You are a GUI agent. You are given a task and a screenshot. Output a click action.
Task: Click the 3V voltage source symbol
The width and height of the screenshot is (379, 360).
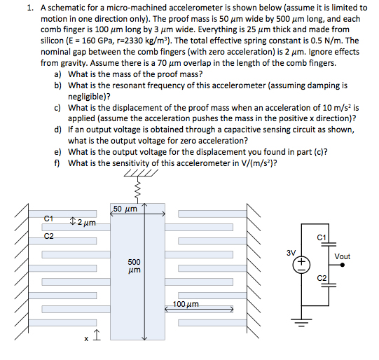coord(301,265)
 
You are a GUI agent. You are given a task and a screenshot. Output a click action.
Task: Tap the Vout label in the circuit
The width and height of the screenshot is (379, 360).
coord(343,256)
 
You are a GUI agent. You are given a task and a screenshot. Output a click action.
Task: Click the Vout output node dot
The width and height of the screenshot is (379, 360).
coord(343,265)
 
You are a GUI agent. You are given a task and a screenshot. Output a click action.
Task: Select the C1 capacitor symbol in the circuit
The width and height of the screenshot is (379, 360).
coord(329,244)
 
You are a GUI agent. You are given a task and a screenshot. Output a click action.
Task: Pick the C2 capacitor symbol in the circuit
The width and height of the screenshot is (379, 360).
coord(329,285)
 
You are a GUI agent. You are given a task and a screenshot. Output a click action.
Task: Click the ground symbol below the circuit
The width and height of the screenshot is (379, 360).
coord(301,322)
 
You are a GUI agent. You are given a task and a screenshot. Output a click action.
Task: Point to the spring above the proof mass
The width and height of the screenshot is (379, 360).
coord(138,189)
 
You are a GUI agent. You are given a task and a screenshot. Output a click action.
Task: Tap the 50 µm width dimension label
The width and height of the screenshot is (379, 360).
coord(125,209)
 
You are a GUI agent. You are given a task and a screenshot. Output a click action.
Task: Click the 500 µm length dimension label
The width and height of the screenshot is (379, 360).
coord(134,265)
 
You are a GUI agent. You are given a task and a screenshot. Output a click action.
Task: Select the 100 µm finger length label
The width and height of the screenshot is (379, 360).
coord(186,304)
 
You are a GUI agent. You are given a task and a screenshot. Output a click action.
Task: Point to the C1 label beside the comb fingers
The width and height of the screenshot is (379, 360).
coord(48,219)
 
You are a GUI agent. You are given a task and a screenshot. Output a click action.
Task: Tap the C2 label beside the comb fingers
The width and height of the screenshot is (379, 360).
coord(48,236)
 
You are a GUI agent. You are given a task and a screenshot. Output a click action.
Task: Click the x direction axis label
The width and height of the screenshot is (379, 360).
coord(86,339)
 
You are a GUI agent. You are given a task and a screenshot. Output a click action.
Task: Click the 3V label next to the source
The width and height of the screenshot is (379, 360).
coord(291,253)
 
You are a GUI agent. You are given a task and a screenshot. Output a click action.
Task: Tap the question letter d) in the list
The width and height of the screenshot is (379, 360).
coord(57,130)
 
